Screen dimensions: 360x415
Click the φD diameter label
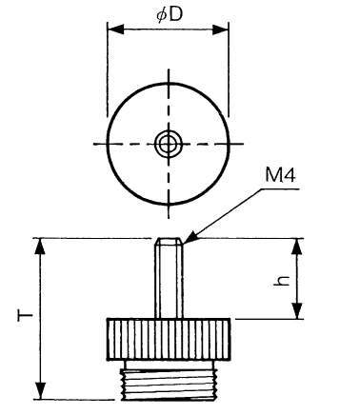(170, 14)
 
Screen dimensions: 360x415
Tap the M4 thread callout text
(280, 175)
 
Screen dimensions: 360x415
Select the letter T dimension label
(25, 316)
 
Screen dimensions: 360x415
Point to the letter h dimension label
(282, 281)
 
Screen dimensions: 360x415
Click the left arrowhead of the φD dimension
(115, 30)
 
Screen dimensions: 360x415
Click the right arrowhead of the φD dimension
(220, 30)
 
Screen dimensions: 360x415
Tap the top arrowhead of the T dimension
(40, 247)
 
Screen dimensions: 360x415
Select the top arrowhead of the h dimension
(296, 247)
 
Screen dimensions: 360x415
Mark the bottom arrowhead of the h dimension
(296, 310)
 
